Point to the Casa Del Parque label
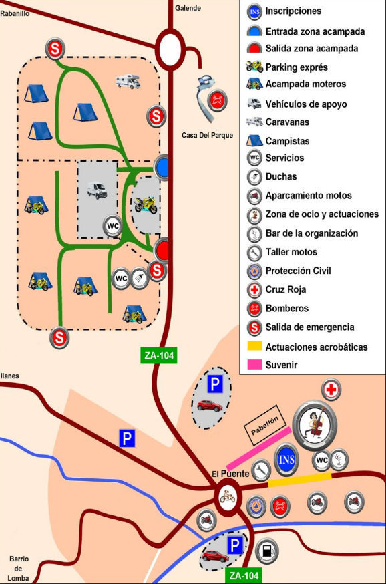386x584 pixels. click(207, 135)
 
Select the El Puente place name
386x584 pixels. click(230, 474)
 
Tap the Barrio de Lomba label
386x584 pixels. click(18, 568)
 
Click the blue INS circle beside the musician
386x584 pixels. click(286, 459)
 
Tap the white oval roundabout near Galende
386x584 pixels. click(170, 49)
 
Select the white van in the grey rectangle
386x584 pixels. click(98, 190)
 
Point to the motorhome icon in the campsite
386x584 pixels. click(128, 82)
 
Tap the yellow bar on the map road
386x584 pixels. click(299, 478)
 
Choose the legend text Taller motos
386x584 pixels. click(291, 252)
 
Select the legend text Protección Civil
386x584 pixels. click(298, 271)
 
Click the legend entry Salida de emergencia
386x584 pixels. click(309, 327)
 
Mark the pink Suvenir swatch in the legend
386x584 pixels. click(254, 366)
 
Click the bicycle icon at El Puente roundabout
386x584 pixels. click(228, 496)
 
